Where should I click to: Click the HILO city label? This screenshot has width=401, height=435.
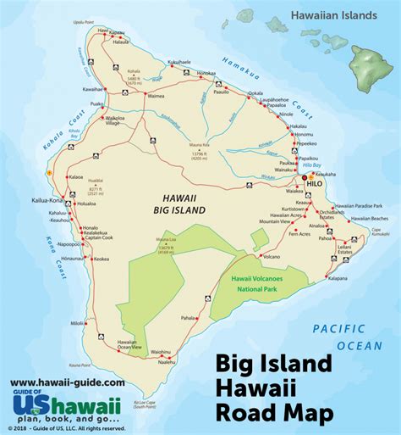[312, 181]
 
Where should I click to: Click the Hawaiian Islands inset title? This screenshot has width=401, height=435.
[330, 14]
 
